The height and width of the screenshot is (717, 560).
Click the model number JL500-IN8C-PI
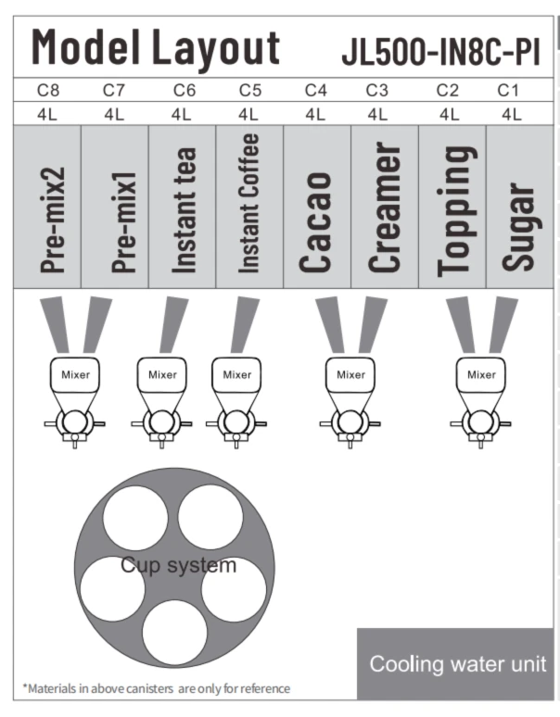click(441, 52)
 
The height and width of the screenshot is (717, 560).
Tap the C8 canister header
click(48, 90)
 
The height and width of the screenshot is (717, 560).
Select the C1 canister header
click(508, 90)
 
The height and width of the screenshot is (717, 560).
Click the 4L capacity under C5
click(248, 114)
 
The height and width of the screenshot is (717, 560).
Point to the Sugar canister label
click(518, 227)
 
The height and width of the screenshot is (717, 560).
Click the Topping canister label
click(454, 211)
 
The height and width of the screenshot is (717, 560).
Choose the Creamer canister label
click(385, 208)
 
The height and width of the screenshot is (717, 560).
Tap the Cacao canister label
click(315, 222)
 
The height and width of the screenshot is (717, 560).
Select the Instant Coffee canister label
click(248, 204)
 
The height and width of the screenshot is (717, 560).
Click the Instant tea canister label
click(184, 210)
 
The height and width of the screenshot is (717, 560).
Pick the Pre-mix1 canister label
click(123, 222)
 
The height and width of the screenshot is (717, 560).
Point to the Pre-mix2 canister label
click(53, 220)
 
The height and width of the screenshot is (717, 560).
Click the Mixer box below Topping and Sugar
click(481, 375)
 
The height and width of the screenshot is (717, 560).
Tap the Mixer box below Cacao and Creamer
click(350, 375)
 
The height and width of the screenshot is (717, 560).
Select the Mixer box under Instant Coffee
click(236, 375)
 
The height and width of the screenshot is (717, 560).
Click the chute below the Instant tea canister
click(174, 324)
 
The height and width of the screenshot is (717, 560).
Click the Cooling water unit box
click(455, 663)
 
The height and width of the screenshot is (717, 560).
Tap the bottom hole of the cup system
click(174, 633)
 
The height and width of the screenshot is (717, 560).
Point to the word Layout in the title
click(215, 48)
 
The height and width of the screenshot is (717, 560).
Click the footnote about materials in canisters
click(157, 688)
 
